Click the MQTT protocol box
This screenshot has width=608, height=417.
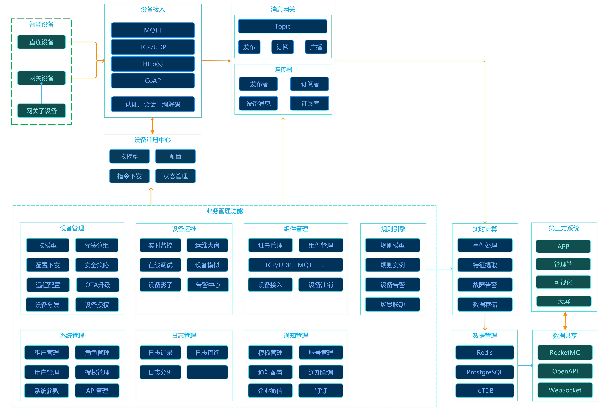coord(153,30)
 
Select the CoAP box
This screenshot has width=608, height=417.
coord(153,81)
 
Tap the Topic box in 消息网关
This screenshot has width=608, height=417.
coord(283,26)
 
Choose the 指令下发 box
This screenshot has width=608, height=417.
coord(130,176)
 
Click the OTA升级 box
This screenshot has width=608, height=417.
coord(98,285)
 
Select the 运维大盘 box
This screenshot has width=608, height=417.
coord(207,245)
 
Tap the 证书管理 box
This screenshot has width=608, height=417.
coord(270,245)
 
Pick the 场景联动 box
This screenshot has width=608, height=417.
coord(392,304)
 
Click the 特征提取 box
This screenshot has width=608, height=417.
coord(485,265)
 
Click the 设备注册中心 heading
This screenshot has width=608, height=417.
coord(152,140)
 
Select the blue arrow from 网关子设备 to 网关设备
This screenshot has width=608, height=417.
coord(42,93)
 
